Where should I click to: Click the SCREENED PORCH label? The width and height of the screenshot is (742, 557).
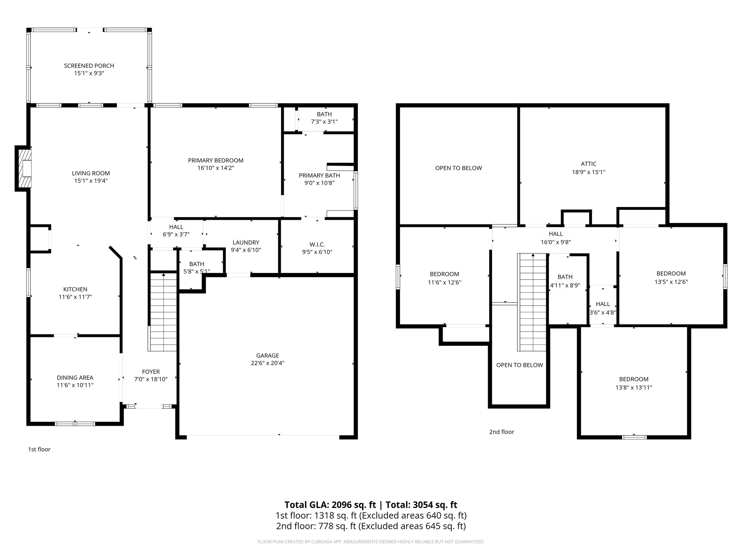pyautogui.click(x=89, y=66)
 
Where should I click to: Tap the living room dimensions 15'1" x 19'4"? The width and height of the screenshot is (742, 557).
pyautogui.click(x=91, y=181)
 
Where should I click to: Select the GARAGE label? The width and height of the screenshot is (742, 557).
pyautogui.click(x=267, y=355)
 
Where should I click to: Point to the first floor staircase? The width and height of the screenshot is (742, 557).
pyautogui.click(x=163, y=312)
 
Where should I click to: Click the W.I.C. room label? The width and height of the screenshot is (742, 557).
pyautogui.click(x=317, y=245)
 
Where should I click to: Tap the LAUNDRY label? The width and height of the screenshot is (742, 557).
pyautogui.click(x=246, y=243)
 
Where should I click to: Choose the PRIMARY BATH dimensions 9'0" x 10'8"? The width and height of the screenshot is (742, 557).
pyautogui.click(x=319, y=183)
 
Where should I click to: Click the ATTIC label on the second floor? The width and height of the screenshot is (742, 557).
pyautogui.click(x=588, y=164)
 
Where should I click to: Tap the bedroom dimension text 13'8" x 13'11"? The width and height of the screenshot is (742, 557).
pyautogui.click(x=634, y=387)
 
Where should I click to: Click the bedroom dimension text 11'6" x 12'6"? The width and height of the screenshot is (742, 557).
pyautogui.click(x=444, y=282)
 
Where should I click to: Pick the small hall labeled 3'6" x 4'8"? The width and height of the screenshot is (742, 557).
pyautogui.click(x=603, y=308)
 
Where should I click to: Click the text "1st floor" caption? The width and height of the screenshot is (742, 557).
pyautogui.click(x=39, y=449)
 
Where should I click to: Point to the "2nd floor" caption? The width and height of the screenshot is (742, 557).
pyautogui.click(x=501, y=432)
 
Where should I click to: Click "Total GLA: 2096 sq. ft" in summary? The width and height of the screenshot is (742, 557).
pyautogui.click(x=330, y=505)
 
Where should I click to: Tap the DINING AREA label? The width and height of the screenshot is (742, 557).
pyautogui.click(x=75, y=377)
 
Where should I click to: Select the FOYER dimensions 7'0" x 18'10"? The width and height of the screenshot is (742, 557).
pyautogui.click(x=151, y=379)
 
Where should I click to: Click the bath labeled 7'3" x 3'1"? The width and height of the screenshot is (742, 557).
pyautogui.click(x=324, y=118)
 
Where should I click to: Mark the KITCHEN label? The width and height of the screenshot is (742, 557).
pyautogui.click(x=75, y=289)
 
